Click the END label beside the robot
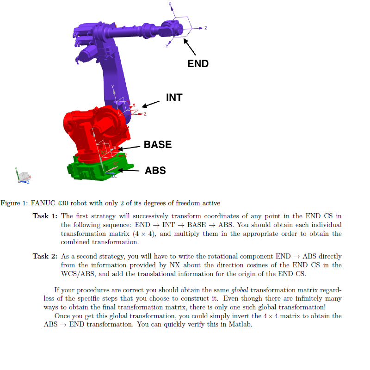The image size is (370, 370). point(198,63)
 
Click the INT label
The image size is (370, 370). point(174,98)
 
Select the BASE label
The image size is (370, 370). point(158,144)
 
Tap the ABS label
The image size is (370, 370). point(155,170)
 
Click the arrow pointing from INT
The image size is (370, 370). point(151,104)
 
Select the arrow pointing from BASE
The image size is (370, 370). point(129,148)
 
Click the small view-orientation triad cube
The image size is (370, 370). point(22,176)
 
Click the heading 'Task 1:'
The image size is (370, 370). point(45,216)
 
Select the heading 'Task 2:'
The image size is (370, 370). point(45,256)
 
